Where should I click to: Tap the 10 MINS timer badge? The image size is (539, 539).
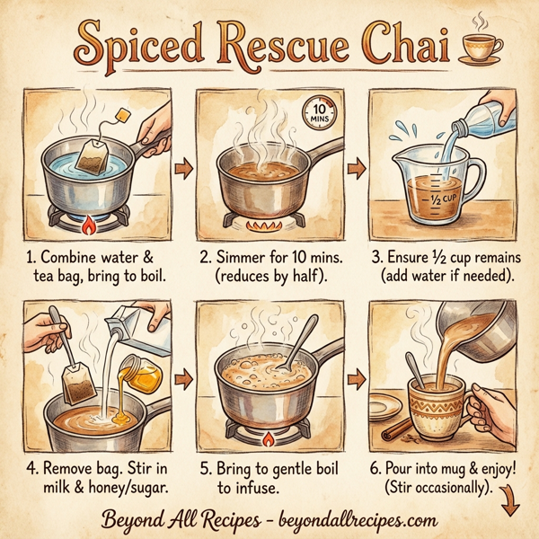click(x=322, y=110)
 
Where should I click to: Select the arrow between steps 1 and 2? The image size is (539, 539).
click(x=184, y=167)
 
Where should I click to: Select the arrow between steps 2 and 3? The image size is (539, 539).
click(x=356, y=167)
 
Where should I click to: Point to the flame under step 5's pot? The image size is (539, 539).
click(x=268, y=440)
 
